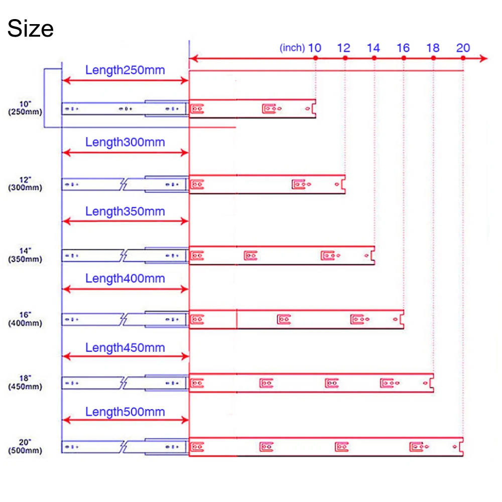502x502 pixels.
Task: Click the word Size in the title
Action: (x=30, y=29)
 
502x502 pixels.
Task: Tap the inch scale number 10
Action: (x=315, y=48)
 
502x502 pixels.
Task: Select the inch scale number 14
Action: (x=373, y=48)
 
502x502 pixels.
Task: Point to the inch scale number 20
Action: (x=463, y=48)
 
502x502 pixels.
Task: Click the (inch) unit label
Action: (x=292, y=48)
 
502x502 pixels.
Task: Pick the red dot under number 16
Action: (x=404, y=59)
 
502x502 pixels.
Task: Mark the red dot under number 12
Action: (x=345, y=59)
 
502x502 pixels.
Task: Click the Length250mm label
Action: (x=125, y=70)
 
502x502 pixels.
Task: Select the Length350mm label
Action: (x=125, y=211)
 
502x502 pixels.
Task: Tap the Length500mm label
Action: (x=125, y=412)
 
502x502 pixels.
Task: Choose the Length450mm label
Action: (x=125, y=347)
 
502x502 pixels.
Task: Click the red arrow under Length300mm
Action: (x=125, y=153)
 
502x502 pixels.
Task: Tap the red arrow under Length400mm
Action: (x=125, y=289)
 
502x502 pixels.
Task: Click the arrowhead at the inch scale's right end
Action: (x=483, y=59)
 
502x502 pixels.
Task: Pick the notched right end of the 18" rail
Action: (x=431, y=383)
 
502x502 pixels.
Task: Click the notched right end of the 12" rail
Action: (x=343, y=185)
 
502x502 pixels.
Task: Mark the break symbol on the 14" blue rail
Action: (x=123, y=256)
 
